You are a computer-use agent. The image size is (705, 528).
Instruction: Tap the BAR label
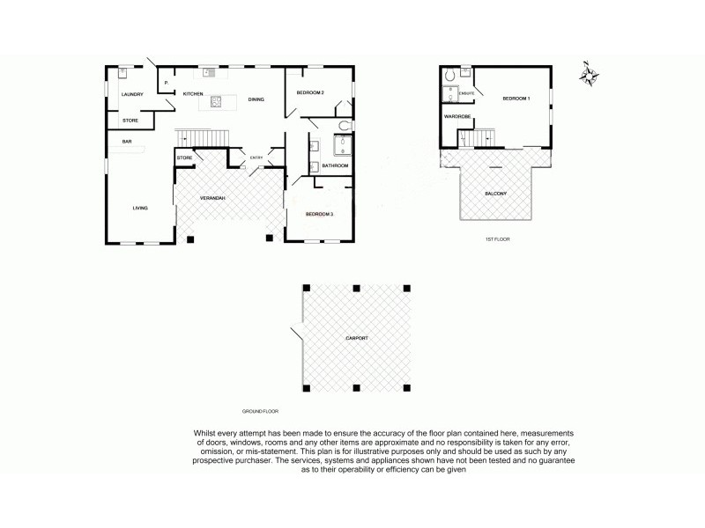127,141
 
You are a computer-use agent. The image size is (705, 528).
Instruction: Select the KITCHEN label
193,93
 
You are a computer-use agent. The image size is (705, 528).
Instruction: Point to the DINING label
256,99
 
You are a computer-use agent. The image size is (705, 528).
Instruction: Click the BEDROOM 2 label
310,93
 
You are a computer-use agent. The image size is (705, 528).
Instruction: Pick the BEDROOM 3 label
319,214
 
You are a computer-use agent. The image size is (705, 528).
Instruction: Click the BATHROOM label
336,165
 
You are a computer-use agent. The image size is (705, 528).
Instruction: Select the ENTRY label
256,158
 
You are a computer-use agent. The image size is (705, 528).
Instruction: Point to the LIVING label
139,209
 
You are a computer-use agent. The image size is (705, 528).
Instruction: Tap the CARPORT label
357,338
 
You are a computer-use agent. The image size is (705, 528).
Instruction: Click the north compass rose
589,76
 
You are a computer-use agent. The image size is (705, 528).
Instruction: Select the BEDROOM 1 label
516,99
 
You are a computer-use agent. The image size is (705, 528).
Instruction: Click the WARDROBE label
456,116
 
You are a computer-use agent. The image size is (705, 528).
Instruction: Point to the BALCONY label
495,194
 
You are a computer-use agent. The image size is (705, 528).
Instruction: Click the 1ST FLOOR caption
498,238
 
